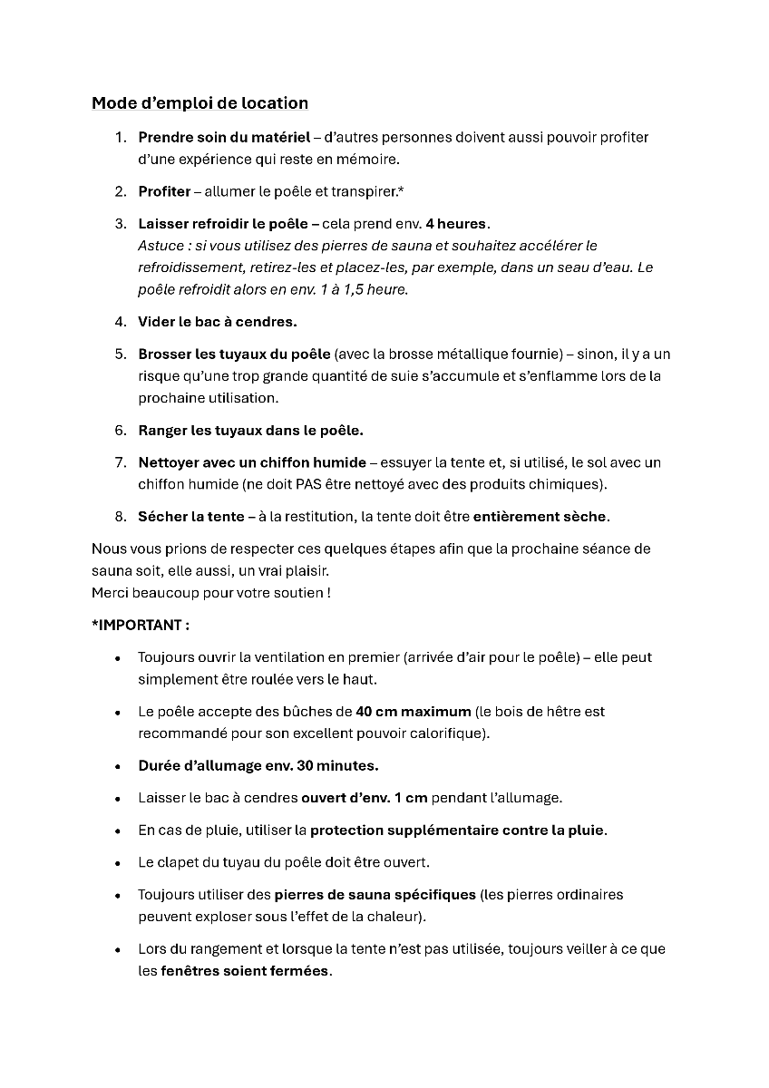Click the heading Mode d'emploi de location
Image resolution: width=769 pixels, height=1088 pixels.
click(x=200, y=103)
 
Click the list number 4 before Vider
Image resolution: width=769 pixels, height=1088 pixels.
click(x=120, y=322)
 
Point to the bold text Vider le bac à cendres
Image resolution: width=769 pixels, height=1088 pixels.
click(x=217, y=322)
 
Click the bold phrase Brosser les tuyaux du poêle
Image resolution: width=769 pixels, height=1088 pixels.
click(x=234, y=355)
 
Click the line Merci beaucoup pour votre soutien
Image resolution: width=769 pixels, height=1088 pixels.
click(x=210, y=593)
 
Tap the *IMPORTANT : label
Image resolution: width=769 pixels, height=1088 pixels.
click(x=141, y=626)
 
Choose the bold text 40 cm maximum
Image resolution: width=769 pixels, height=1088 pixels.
click(x=413, y=712)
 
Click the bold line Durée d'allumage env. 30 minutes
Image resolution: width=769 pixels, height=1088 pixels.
click(x=258, y=766)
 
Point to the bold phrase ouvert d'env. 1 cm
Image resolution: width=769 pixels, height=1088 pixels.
click(x=364, y=799)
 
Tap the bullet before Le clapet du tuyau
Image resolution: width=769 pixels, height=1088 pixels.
click(x=119, y=863)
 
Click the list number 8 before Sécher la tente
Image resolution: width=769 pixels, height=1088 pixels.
click(x=120, y=517)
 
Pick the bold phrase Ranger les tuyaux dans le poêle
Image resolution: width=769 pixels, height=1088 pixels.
click(x=250, y=431)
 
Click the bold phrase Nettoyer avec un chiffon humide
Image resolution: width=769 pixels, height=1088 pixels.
click(x=252, y=462)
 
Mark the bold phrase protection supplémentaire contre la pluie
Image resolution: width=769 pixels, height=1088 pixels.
click(x=457, y=831)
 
